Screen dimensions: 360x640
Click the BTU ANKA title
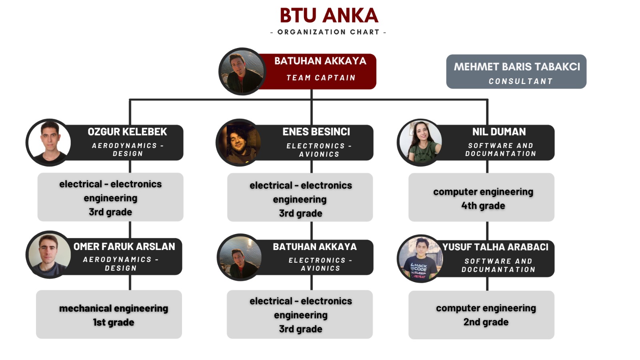[x=329, y=16]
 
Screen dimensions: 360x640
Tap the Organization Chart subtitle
[x=328, y=32]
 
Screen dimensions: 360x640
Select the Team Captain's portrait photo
[x=242, y=72]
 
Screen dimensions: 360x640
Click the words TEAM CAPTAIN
[x=321, y=78]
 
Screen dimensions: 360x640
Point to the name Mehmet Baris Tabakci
[x=516, y=66]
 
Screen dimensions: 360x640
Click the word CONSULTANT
[x=520, y=81]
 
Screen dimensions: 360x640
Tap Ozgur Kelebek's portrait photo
[x=49, y=142]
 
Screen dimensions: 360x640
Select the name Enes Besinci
[x=316, y=132]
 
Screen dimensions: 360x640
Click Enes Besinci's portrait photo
[x=239, y=142]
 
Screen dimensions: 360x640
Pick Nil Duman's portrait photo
[x=420, y=142]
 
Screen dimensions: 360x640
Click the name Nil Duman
[x=499, y=132]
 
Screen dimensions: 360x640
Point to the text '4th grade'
[x=483, y=206]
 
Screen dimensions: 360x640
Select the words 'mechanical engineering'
[x=114, y=308]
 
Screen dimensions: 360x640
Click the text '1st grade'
[x=114, y=322]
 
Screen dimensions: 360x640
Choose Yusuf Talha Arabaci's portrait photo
[x=420, y=258]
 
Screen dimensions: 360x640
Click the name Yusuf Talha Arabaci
[x=495, y=247]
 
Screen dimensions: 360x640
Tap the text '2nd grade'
[x=486, y=322]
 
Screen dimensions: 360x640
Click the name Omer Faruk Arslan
[x=124, y=246]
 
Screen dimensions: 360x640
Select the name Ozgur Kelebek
[x=127, y=132]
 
